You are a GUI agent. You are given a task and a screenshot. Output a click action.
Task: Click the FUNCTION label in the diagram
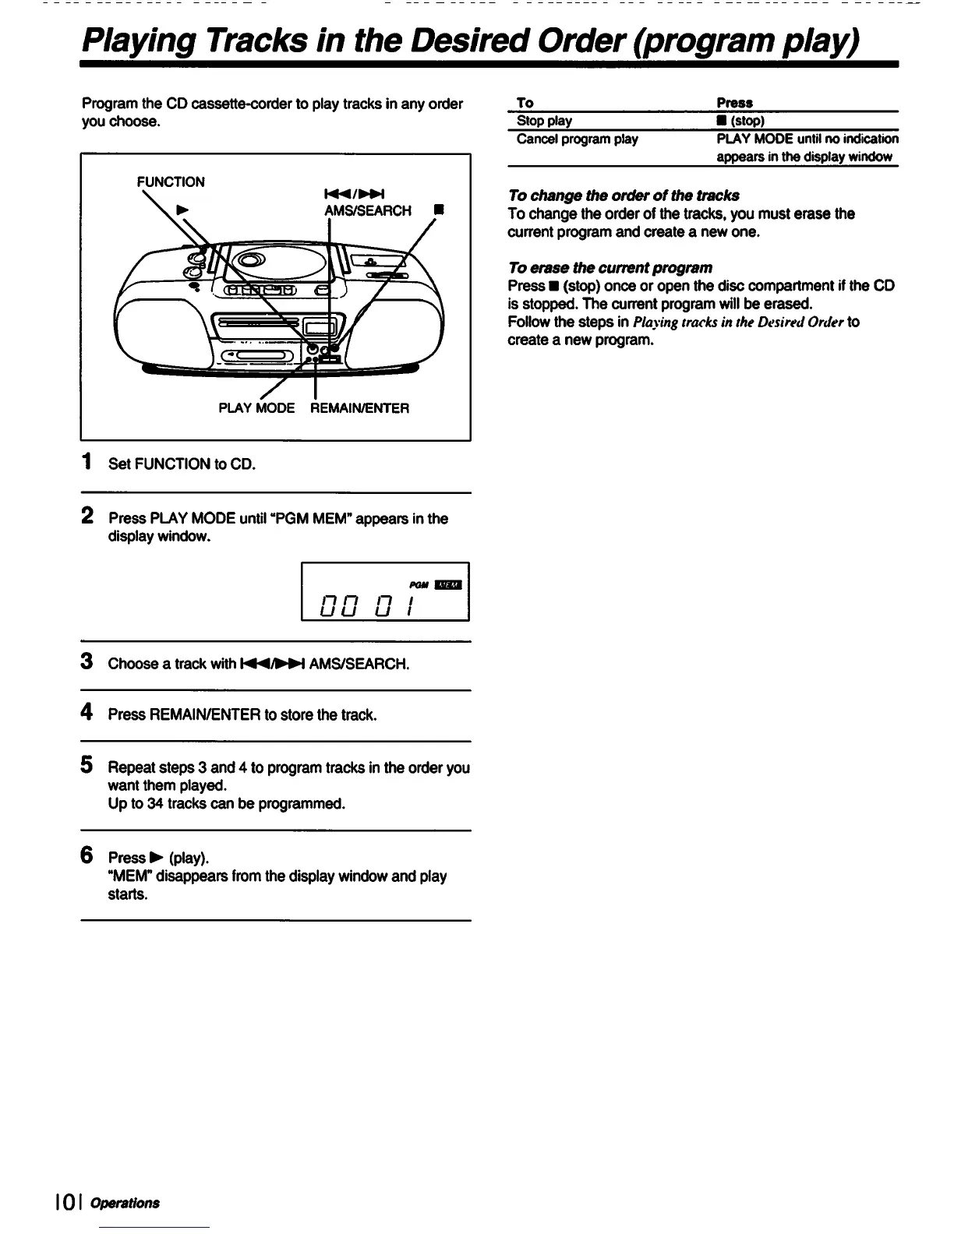coord(171,182)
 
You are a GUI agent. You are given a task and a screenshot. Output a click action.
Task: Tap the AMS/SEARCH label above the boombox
coord(368,211)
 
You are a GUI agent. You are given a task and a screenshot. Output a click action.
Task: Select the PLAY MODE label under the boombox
coord(256,408)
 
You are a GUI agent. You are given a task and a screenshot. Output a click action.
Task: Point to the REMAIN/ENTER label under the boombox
coord(359,408)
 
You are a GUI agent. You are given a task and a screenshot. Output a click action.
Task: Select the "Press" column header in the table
coord(734,103)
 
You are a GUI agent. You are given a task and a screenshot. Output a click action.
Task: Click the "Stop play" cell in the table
coord(544,121)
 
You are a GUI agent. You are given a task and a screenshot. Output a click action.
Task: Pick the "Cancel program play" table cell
coord(577,139)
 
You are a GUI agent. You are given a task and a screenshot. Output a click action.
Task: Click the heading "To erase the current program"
coord(609,268)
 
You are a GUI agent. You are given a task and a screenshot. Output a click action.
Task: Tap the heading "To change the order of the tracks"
coord(623,196)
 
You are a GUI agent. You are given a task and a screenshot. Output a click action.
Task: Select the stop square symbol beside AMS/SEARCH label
coord(440,210)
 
